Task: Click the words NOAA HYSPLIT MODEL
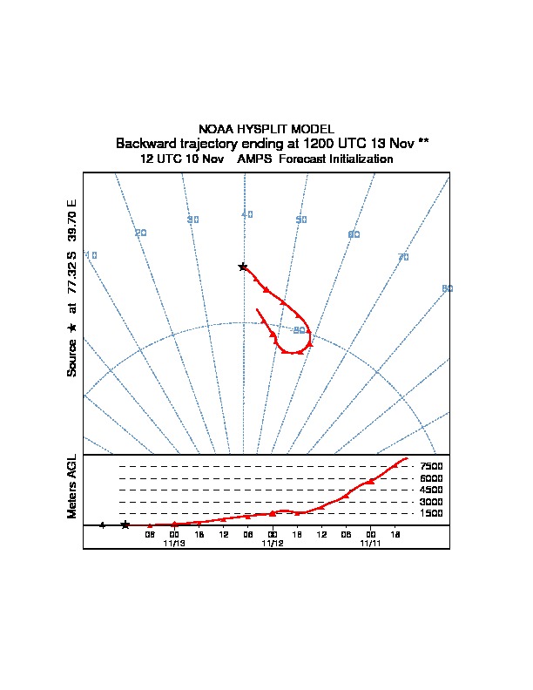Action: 266,129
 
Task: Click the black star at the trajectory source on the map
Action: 243,267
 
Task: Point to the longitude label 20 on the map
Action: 141,233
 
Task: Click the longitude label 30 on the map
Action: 193,220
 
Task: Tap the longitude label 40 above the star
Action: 247,214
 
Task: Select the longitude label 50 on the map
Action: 301,220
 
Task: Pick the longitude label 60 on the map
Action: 354,235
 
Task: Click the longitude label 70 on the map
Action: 403,257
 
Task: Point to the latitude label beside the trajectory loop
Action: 300,329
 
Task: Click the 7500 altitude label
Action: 432,467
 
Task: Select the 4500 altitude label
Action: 432,490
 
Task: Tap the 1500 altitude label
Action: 432,514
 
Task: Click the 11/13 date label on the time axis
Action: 174,543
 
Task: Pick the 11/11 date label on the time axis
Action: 371,543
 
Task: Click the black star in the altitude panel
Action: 125,524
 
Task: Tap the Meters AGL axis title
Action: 72,487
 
